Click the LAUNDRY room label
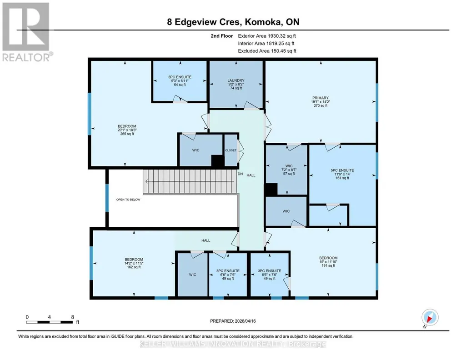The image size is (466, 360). pos(236,80)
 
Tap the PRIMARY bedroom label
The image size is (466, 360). pos(321,98)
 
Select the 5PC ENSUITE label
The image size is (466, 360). pos(342,170)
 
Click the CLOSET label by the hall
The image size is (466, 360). pos(230,150)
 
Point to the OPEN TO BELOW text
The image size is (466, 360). pos(128,200)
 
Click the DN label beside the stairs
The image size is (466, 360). pos(240,174)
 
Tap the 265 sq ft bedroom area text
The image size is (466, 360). pos(127,134)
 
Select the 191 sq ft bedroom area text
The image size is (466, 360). pos(328,265)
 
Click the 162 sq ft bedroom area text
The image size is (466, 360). pos(134,267)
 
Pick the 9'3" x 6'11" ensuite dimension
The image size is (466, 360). pos(180,81)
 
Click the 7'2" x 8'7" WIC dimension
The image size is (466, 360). pos(289,170)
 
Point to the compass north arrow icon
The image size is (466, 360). pos(430,317)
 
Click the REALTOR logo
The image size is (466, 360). pos(26,32)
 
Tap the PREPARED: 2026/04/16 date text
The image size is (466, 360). pos(233,321)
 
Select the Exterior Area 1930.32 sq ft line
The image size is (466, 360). pos(267,36)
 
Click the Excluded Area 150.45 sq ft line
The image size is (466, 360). pos(267,51)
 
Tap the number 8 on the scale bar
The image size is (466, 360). pos(73,317)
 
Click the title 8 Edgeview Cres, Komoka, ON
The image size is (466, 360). pos(233,22)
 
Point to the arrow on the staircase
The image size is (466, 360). pos(189,181)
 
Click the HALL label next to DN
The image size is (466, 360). pos(251,175)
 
